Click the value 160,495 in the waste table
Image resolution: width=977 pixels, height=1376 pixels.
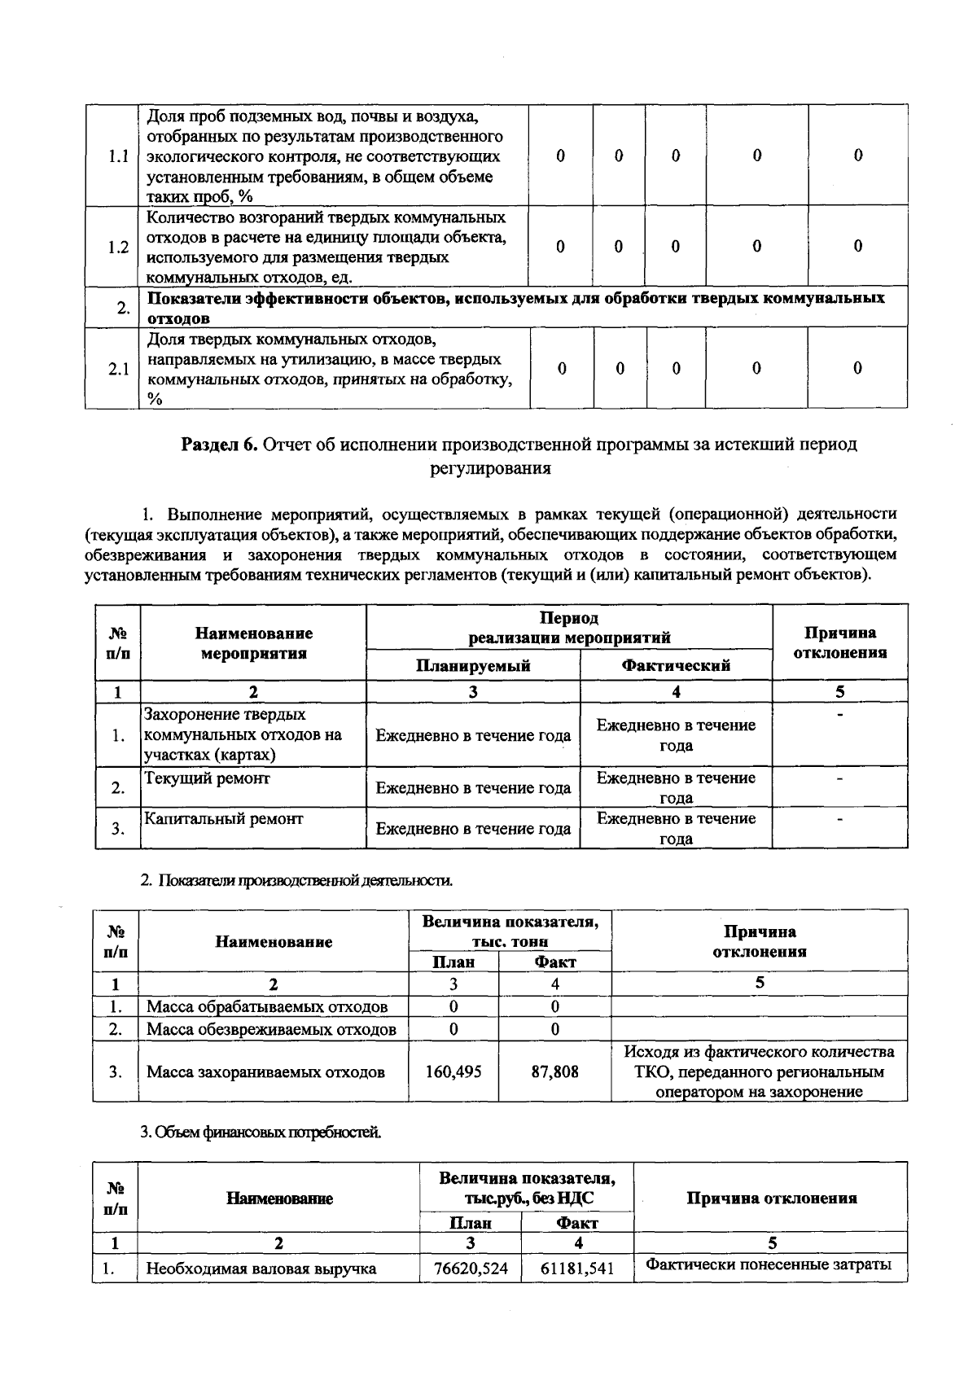(x=453, y=1071)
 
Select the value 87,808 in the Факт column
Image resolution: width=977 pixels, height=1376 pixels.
(x=554, y=1071)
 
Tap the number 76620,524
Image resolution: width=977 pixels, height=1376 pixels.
(x=471, y=1268)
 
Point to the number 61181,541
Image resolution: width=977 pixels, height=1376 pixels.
(x=577, y=1268)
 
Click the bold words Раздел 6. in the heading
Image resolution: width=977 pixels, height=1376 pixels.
(x=219, y=445)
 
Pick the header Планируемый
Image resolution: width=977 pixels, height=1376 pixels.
(x=473, y=665)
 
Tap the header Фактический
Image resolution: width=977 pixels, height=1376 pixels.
(x=676, y=665)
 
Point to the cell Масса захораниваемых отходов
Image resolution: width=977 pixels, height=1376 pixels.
(x=265, y=1071)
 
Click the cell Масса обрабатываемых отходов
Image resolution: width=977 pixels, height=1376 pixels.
(x=266, y=1007)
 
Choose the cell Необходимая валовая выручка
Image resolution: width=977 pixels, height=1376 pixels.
(x=261, y=1268)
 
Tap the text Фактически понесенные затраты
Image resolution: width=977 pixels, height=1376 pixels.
(x=769, y=1264)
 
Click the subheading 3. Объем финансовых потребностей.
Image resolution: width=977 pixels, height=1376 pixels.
(x=260, y=1132)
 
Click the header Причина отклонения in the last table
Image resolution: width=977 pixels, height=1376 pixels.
(x=771, y=1198)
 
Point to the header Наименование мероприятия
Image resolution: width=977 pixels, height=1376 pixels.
(x=253, y=643)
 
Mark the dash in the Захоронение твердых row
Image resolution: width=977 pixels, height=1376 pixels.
(x=839, y=716)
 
